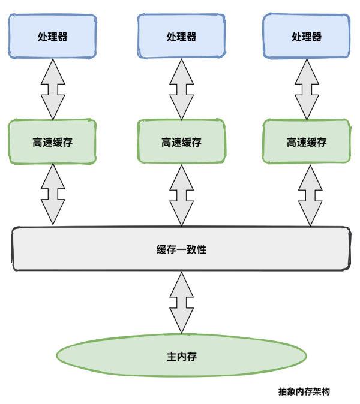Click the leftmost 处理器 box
52,36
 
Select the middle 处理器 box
181,36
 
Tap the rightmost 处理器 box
306,36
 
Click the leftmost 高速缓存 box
52,142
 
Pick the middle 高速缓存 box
181,142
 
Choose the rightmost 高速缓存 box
306,142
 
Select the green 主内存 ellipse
181,356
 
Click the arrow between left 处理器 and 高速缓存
53,89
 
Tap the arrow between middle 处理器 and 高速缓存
181,89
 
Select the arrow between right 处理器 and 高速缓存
307,89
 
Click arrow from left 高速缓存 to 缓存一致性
53,195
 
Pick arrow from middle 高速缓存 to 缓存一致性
181,195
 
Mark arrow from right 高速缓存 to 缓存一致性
310,195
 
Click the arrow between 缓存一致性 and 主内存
181,302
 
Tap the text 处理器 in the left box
52,37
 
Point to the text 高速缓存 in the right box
306,143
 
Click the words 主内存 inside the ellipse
181,357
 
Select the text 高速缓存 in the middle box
181,143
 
